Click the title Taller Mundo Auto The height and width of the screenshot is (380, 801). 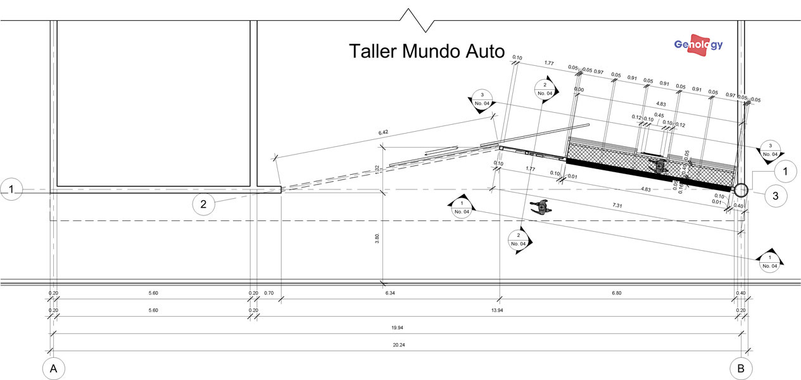(427, 51)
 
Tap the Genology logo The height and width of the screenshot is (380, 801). (698, 45)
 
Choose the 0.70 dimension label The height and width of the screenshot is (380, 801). (270, 293)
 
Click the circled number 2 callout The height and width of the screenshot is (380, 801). (204, 204)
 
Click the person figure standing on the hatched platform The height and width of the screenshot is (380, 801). (660, 166)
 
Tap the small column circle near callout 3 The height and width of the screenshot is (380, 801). (741, 189)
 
